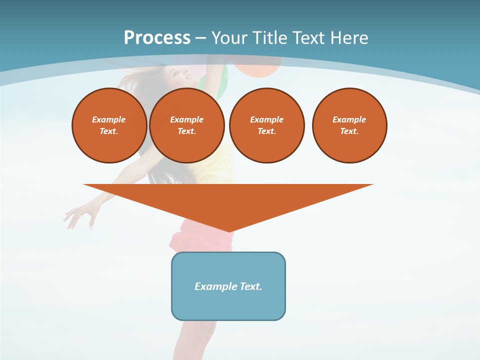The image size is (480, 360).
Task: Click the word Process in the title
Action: click(x=157, y=38)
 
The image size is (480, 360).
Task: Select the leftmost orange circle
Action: click(x=109, y=125)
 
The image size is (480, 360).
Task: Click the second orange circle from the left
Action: click(x=187, y=125)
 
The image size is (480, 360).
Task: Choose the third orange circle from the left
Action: click(x=267, y=125)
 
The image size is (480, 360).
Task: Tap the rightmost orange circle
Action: click(x=349, y=125)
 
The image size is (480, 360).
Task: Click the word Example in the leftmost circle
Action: click(x=109, y=119)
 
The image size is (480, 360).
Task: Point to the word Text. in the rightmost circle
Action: click(x=349, y=131)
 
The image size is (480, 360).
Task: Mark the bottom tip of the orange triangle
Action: click(x=229, y=230)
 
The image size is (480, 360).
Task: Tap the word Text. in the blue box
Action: click(x=251, y=286)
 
